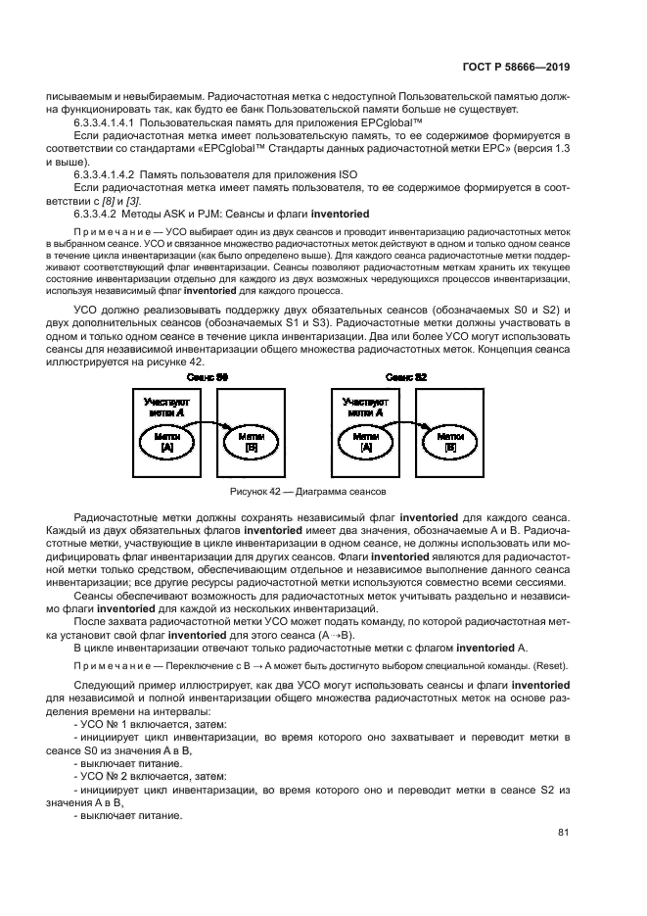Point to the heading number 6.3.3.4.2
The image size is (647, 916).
tap(98, 213)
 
